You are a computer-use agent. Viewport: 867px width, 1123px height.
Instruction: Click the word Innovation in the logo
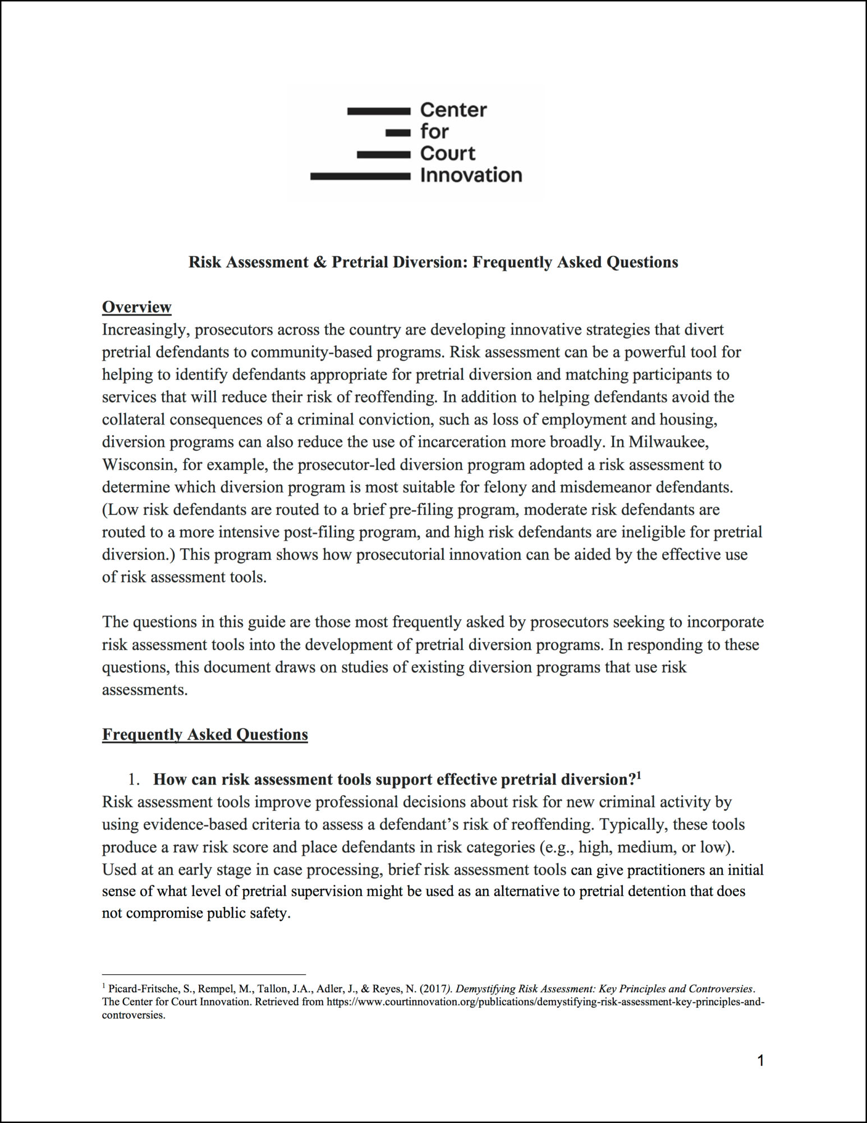pyautogui.click(x=471, y=175)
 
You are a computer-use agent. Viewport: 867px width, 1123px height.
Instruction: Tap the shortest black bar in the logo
pyautogui.click(x=398, y=133)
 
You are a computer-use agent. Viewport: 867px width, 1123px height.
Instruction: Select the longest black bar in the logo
pyautogui.click(x=360, y=176)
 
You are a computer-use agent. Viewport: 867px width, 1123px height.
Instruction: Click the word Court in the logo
pyautogui.click(x=447, y=153)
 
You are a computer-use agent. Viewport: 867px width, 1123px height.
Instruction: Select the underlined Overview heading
pyautogui.click(x=136, y=307)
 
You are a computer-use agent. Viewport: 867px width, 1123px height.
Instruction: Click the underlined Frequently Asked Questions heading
pyautogui.click(x=205, y=734)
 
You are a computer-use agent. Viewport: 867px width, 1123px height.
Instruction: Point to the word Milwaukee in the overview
pyautogui.click(x=668, y=442)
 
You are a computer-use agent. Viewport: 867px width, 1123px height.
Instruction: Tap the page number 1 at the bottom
pyautogui.click(x=760, y=1061)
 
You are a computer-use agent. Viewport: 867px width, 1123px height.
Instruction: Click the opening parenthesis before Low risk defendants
pyautogui.click(x=104, y=509)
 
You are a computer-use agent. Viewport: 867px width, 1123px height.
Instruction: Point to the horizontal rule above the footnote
pyautogui.click(x=204, y=974)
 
